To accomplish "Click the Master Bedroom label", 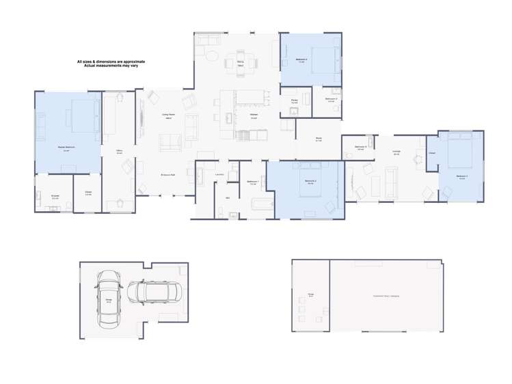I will (66, 148).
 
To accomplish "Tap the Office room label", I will (119, 152).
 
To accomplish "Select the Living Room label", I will (168, 115).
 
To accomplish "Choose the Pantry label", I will (294, 100).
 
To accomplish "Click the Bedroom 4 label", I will (301, 61).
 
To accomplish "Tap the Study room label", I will (319, 140).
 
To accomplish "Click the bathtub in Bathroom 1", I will (262, 203).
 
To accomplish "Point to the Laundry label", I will (220, 174).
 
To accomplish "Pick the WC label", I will (228, 197).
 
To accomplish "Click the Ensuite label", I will (55, 196).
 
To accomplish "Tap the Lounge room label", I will (396, 153).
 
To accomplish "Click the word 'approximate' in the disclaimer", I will (128, 61).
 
